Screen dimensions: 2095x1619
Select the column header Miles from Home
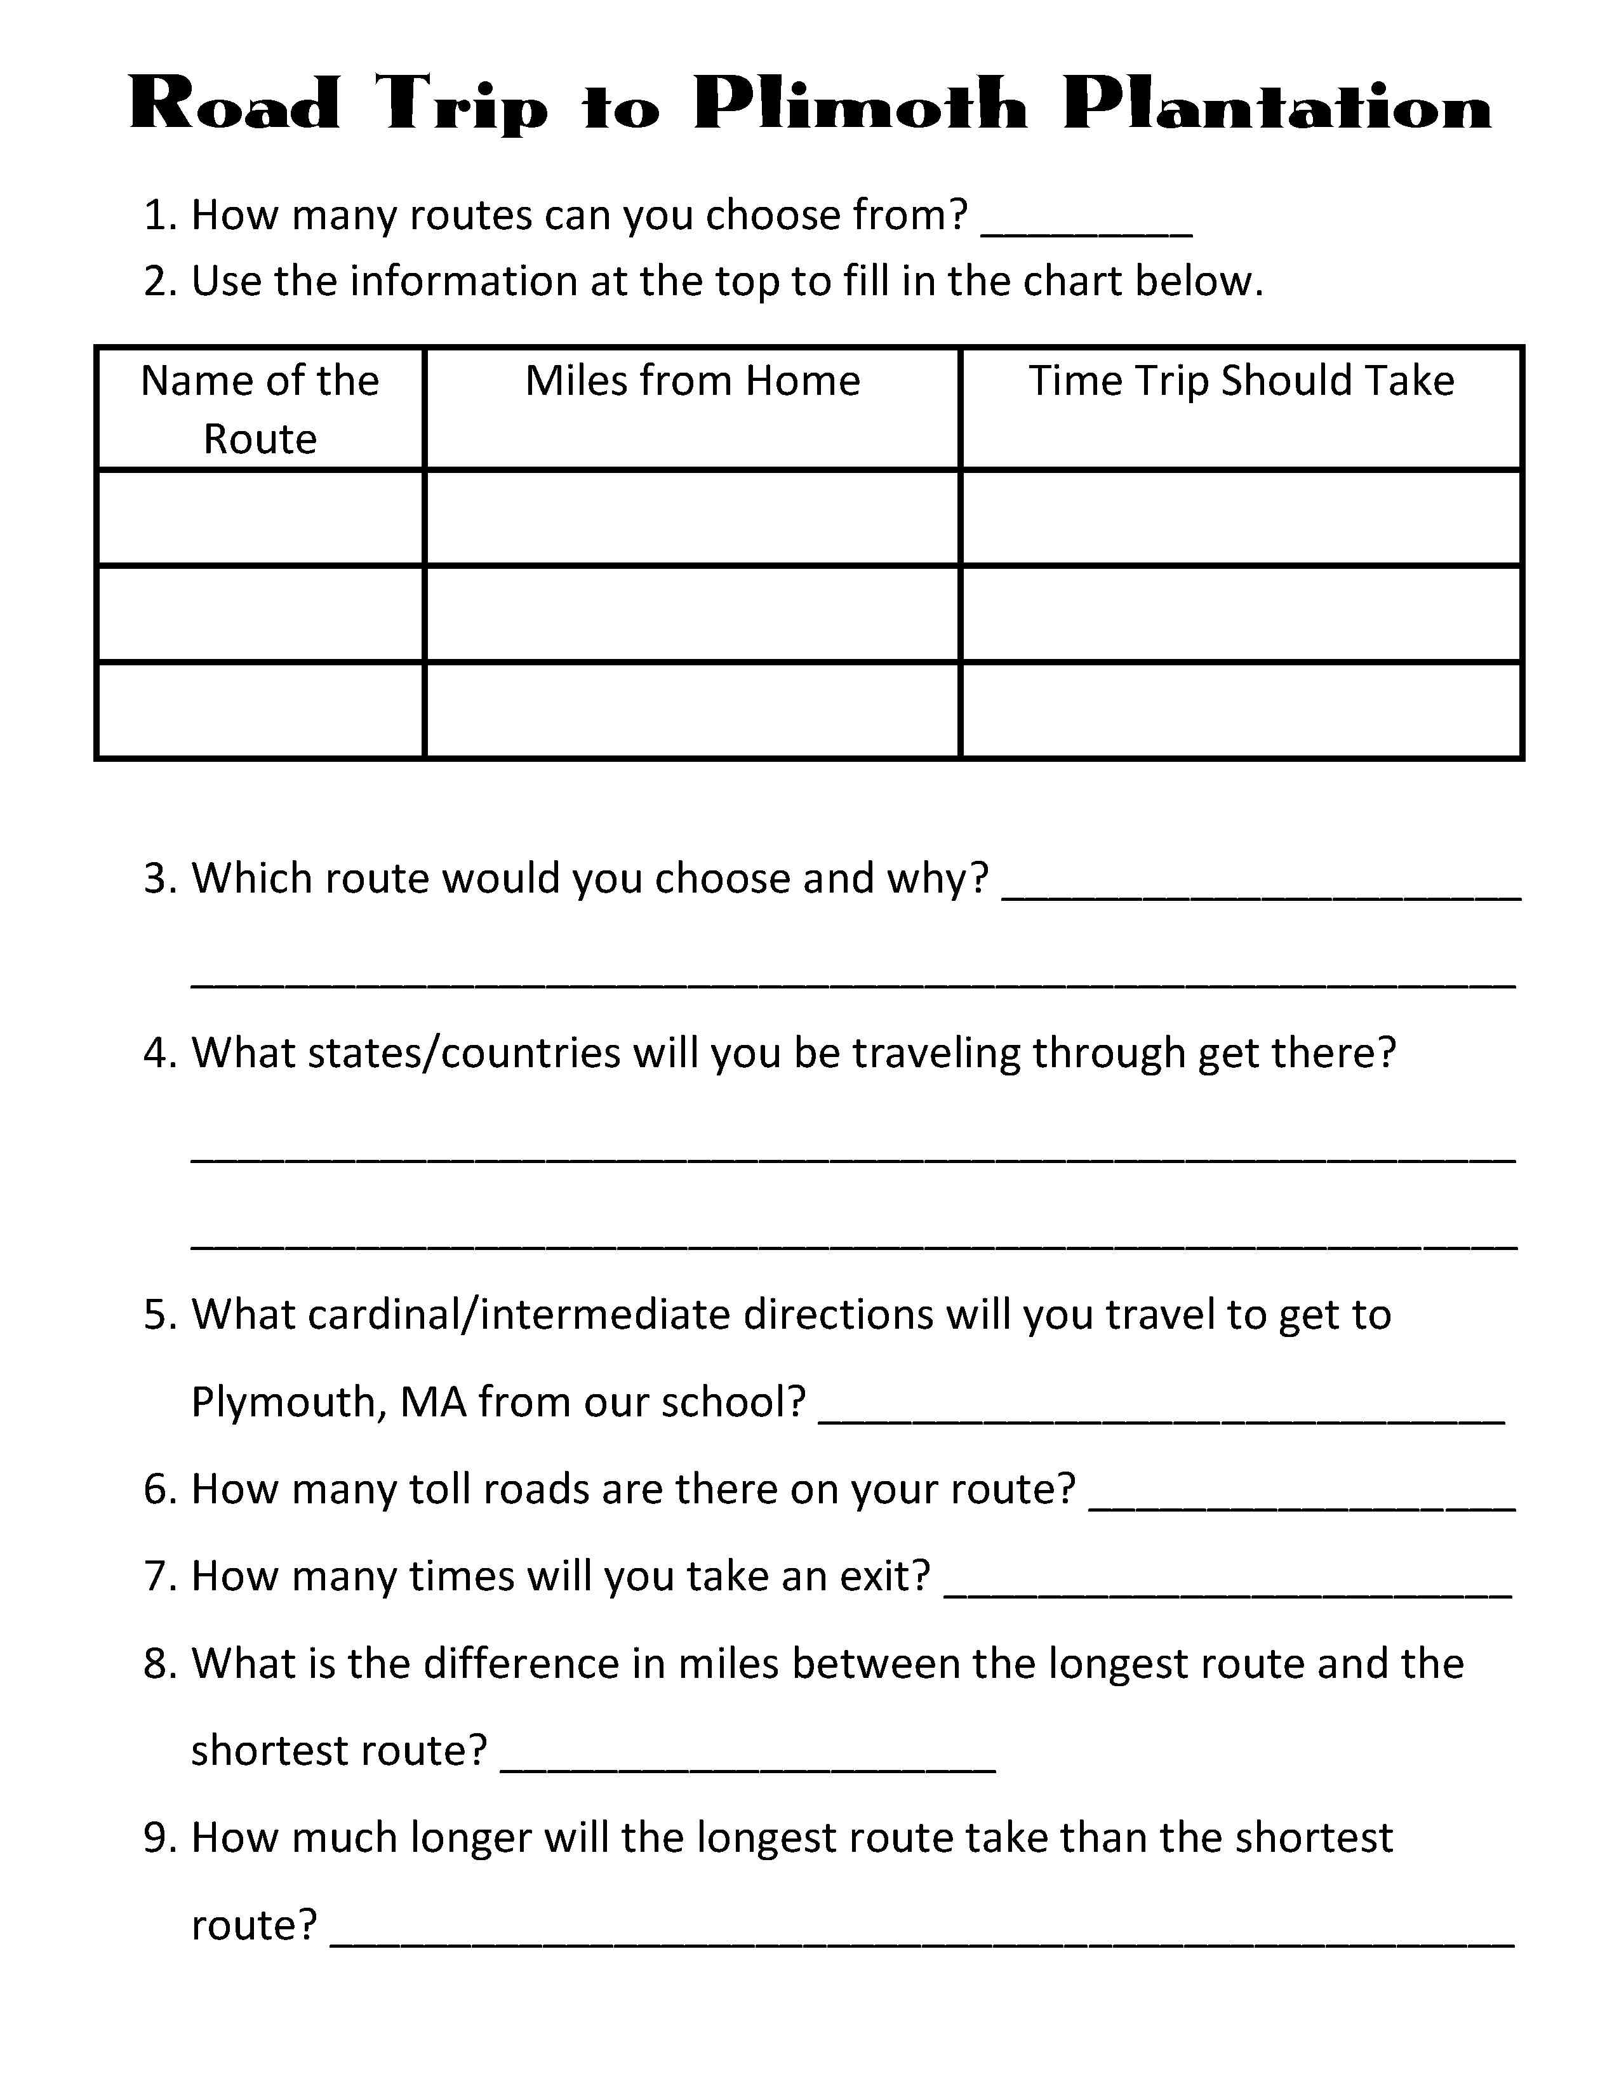pyautogui.click(x=693, y=382)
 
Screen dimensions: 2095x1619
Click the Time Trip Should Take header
pyautogui.click(x=1241, y=382)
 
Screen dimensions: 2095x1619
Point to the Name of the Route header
pyautogui.click(x=260, y=409)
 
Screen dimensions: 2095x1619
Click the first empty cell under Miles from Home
pyautogui.click(x=693, y=518)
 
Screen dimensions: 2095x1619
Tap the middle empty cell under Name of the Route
pyautogui.click(x=260, y=614)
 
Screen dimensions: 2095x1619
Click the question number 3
pyautogui.click(x=156, y=879)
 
